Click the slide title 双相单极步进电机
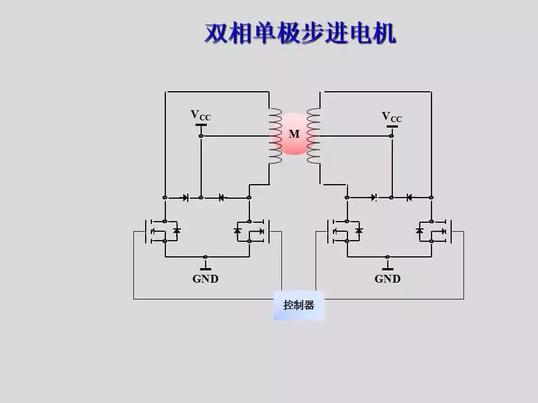tap(300, 33)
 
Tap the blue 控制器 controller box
tap(299, 305)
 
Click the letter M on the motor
tap(294, 134)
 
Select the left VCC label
tap(201, 115)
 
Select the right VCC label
tap(392, 116)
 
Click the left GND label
tap(205, 279)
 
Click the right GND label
tap(387, 279)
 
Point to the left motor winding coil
tap(275, 135)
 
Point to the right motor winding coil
tap(313, 136)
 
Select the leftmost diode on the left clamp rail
tap(184, 197)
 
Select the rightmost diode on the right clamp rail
tap(409, 197)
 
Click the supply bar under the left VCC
tap(201, 125)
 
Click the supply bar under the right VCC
tap(392, 126)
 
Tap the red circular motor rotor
tap(294, 134)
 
